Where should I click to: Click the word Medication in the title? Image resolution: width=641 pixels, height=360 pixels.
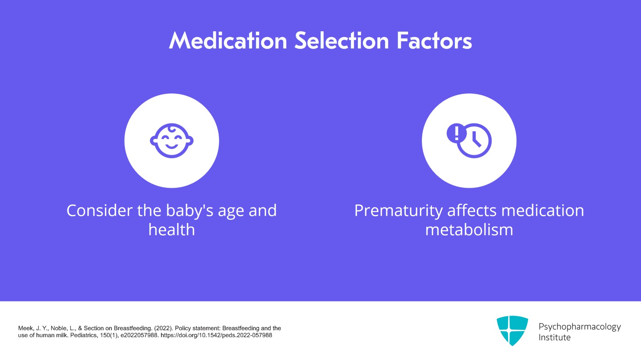click(228, 41)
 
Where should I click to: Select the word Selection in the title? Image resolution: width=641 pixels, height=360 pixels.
click(342, 41)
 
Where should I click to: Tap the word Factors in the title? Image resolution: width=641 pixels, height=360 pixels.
click(434, 41)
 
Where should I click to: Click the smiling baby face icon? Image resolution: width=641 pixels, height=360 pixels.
click(171, 141)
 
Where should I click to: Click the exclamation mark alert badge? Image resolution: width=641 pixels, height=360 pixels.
click(456, 133)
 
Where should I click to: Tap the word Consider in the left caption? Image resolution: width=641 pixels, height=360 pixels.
click(99, 211)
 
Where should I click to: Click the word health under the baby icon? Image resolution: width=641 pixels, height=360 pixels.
click(171, 230)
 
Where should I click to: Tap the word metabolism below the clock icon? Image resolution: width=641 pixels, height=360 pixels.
click(469, 230)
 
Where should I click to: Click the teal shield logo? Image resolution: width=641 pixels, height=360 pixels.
click(512, 330)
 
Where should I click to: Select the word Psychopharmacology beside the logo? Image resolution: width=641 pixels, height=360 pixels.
click(579, 327)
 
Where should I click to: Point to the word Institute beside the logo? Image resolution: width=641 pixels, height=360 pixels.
click(554, 338)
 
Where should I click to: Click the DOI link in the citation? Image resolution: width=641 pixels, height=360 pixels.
click(216, 335)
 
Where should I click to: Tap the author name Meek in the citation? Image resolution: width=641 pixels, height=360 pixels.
click(26, 328)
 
